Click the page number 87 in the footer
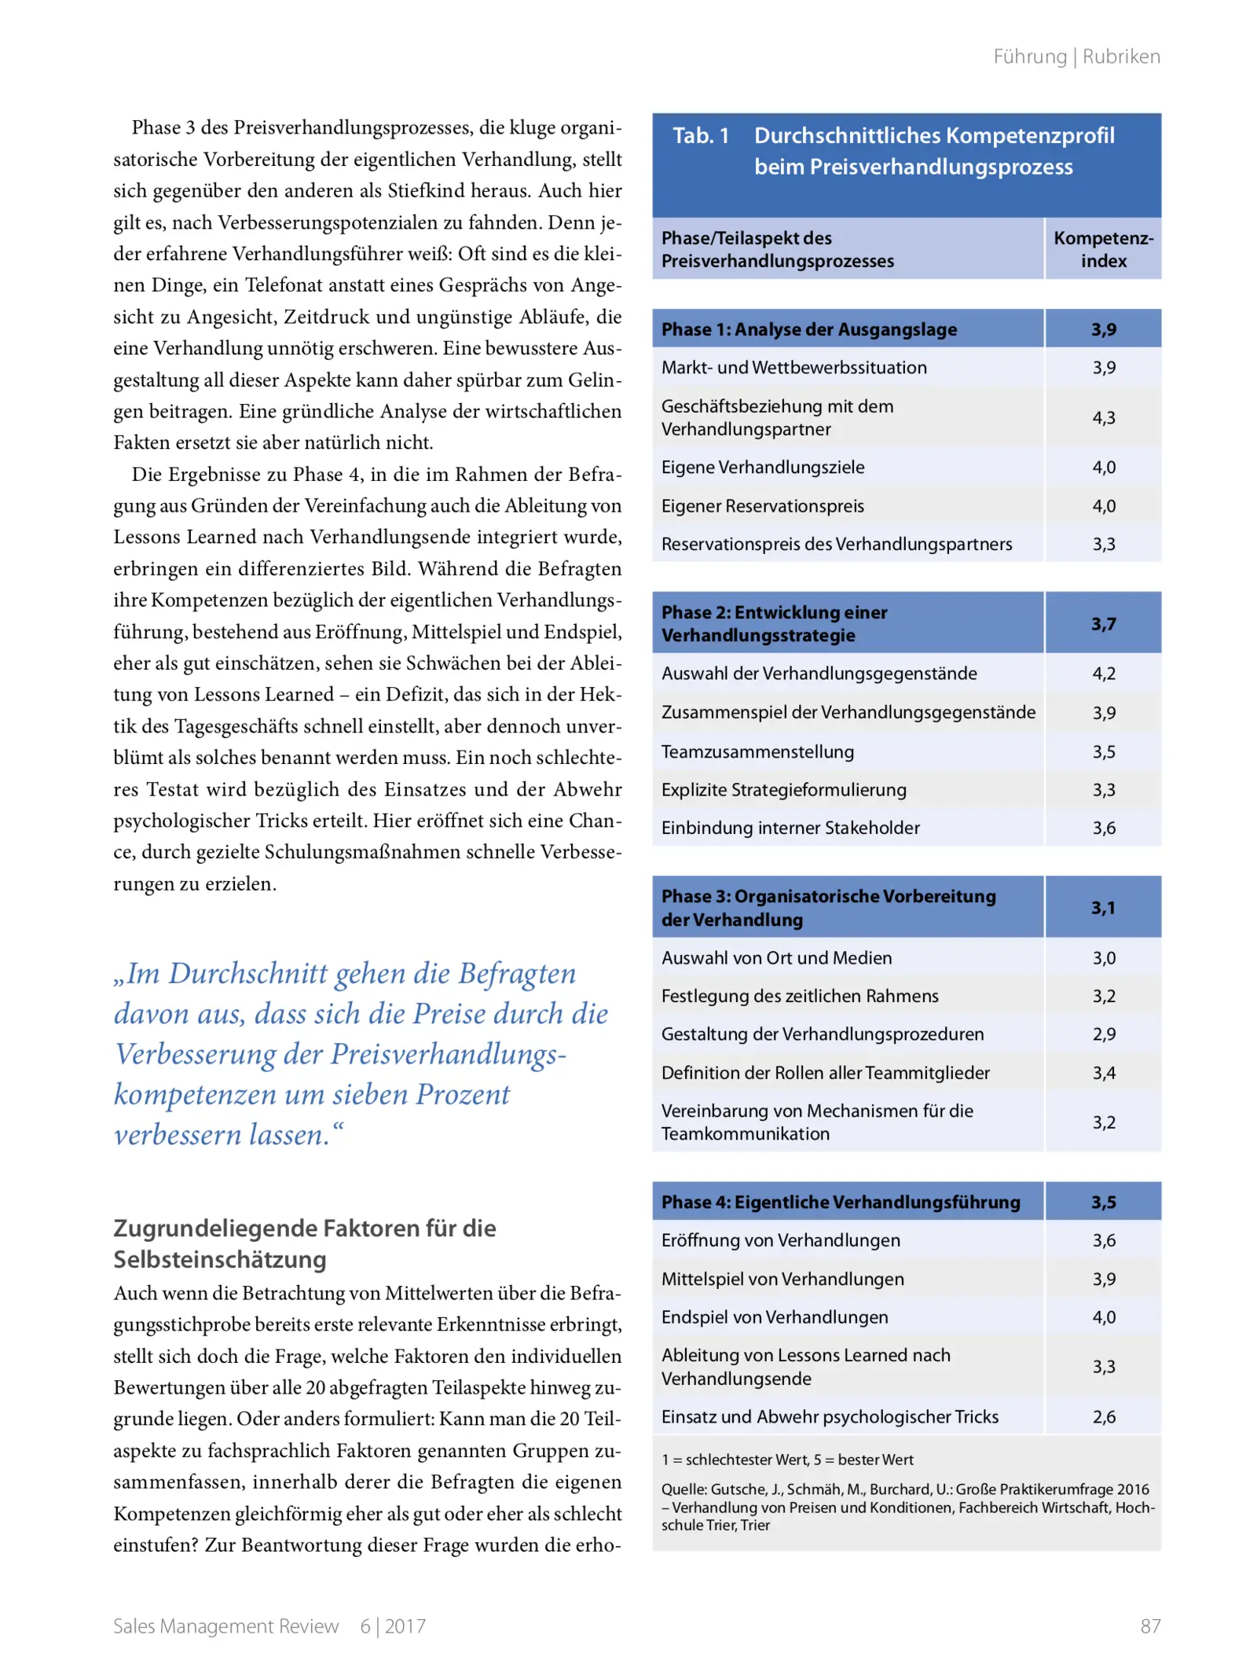pyautogui.click(x=1149, y=1625)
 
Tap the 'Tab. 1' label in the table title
pyautogui.click(x=701, y=136)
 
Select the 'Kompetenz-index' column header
pyautogui.click(x=1103, y=249)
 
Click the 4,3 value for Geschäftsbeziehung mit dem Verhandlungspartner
pyautogui.click(x=1103, y=417)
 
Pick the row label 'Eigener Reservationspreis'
pyautogui.click(x=762, y=506)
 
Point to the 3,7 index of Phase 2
pyautogui.click(x=1103, y=623)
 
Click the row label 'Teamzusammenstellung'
pyautogui.click(x=757, y=751)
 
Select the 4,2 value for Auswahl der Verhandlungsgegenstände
pyautogui.click(x=1103, y=674)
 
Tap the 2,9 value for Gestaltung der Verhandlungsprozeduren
pyautogui.click(x=1103, y=1034)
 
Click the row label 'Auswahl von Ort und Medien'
pyautogui.click(x=776, y=958)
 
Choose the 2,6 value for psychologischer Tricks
pyautogui.click(x=1103, y=1417)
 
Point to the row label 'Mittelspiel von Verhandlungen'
pyautogui.click(x=782, y=1279)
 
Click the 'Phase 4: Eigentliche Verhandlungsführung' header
pyautogui.click(x=841, y=1202)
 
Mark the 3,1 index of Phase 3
pyautogui.click(x=1103, y=908)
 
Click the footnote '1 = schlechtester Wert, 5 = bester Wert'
pyautogui.click(x=787, y=1460)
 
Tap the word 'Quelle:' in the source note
pyautogui.click(x=684, y=1489)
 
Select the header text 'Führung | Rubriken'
pyautogui.click(x=1076, y=57)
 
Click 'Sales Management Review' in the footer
pyautogui.click(x=225, y=1625)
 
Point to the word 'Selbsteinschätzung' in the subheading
pyautogui.click(x=220, y=1259)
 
